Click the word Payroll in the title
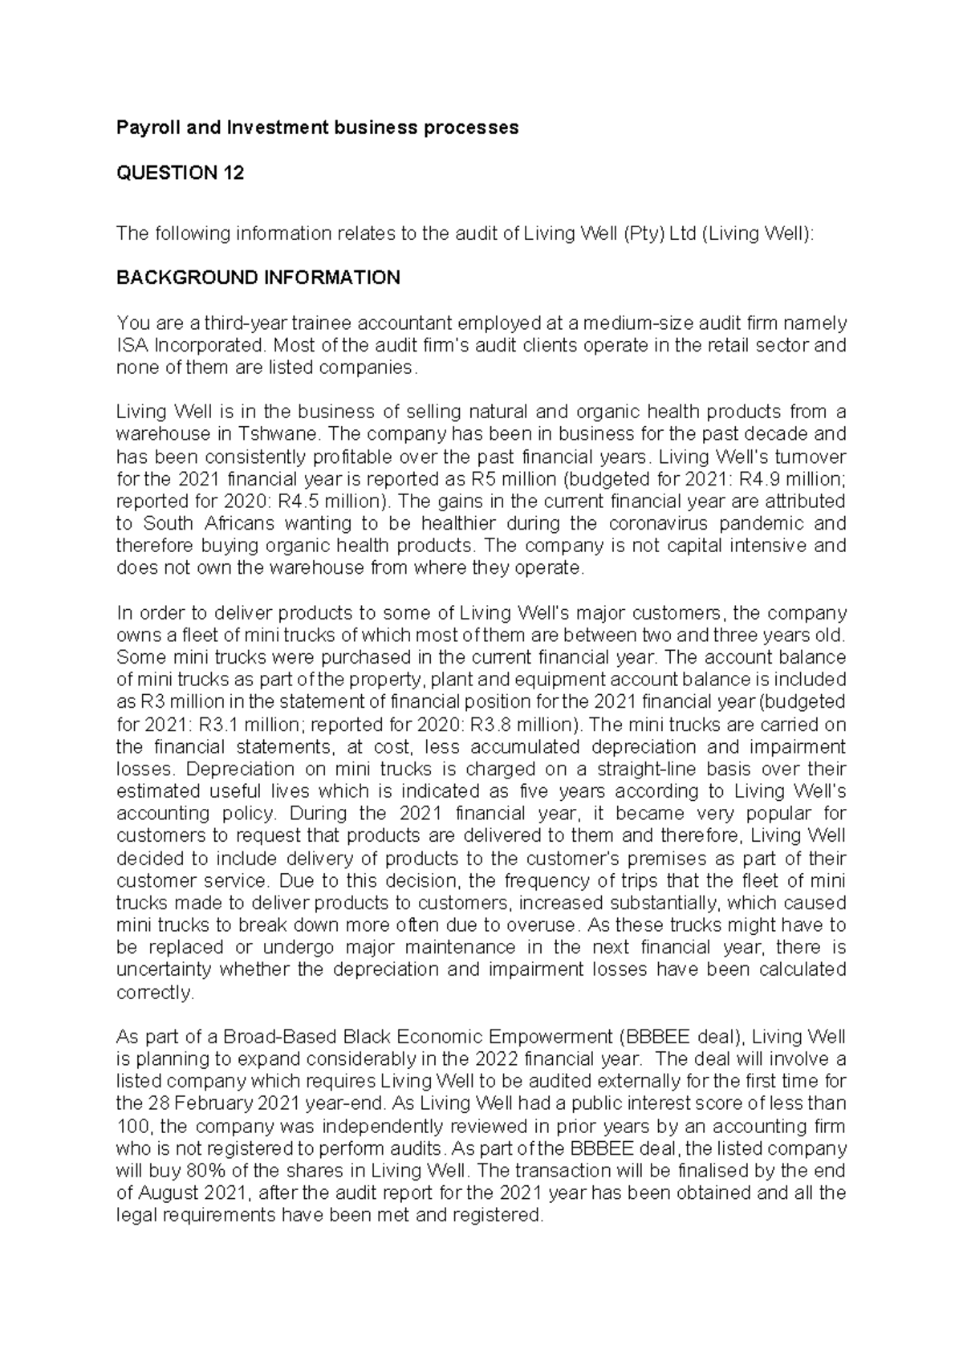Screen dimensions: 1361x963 (144, 128)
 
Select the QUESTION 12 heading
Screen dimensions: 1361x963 (180, 173)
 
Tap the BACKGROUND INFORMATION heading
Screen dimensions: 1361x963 (258, 278)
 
